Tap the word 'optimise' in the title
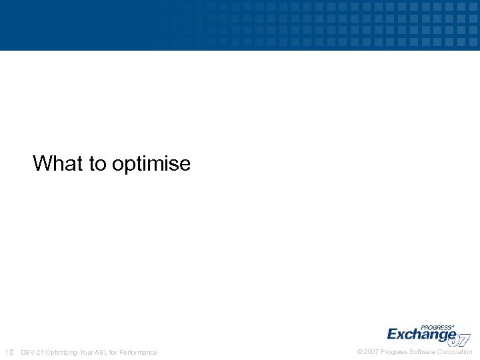click(x=151, y=164)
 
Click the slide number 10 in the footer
click(x=9, y=352)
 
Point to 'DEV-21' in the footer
click(x=32, y=352)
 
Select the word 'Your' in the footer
click(x=88, y=352)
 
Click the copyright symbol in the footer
click(x=360, y=352)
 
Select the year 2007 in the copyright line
click(x=371, y=352)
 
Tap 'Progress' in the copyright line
click(x=395, y=352)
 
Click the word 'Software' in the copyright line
click(x=424, y=352)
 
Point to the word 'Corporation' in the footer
click(x=455, y=352)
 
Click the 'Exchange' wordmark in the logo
click(x=421, y=334)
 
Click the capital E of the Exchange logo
click(x=393, y=334)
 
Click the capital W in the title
click(x=41, y=163)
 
